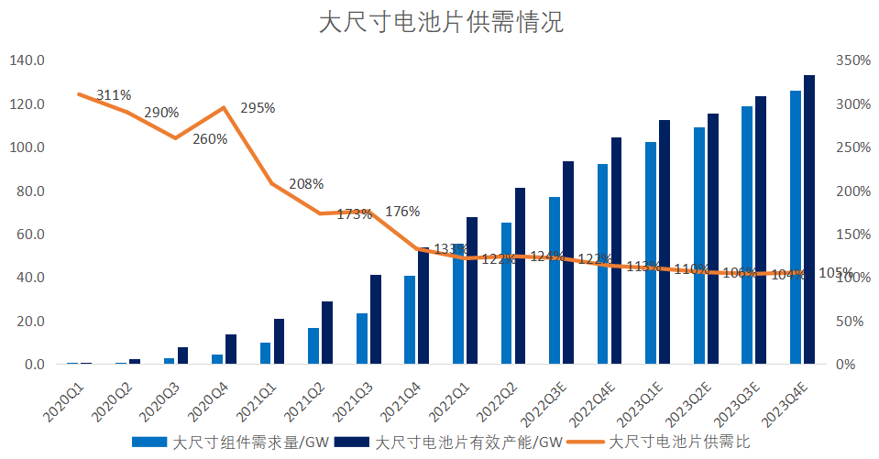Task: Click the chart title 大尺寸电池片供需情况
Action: [440, 23]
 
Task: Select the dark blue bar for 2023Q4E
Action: [809, 220]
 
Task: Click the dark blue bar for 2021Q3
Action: [376, 320]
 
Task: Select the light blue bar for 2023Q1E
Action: [651, 253]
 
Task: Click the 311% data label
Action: [114, 94]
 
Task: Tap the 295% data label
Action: [258, 108]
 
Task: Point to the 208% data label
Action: [306, 183]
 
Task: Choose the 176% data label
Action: [402, 212]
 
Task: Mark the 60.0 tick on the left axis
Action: [30, 234]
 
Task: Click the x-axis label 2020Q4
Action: [214, 394]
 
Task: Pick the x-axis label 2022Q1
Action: [455, 394]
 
